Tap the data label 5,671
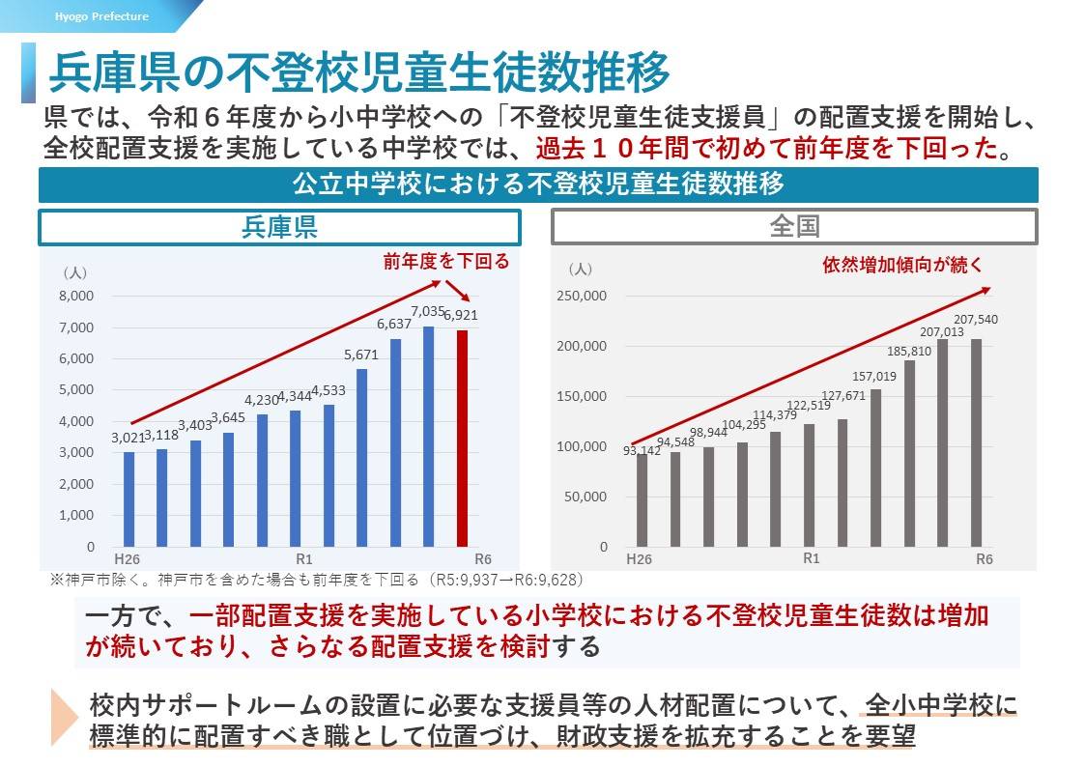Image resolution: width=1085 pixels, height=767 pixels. tap(361, 355)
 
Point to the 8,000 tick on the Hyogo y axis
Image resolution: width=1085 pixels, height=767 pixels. tap(77, 296)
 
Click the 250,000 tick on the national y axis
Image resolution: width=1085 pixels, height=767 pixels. tap(583, 296)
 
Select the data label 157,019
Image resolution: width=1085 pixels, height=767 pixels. tap(874, 376)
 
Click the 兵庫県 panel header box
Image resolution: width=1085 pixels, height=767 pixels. tap(279, 227)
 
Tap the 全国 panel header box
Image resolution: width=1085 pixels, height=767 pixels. tap(794, 227)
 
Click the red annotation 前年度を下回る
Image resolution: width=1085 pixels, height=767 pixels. tap(445, 262)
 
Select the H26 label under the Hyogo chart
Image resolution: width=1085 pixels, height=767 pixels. tap(126, 558)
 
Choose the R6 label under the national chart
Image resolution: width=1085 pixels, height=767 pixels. tap(984, 558)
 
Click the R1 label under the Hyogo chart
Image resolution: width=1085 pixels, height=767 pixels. tap(303, 558)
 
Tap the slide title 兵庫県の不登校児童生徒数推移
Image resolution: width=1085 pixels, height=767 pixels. tap(358, 71)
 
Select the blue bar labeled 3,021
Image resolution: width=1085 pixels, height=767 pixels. tap(128, 498)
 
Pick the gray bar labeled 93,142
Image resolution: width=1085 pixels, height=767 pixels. tap(642, 499)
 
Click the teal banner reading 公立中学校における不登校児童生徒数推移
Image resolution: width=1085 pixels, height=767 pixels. tap(537, 185)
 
